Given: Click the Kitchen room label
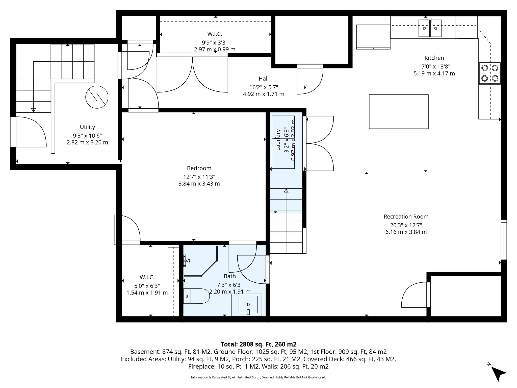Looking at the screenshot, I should pos(434,58).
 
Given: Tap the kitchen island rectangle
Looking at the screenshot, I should pos(399,112).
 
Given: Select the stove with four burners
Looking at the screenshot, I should pos(490,73).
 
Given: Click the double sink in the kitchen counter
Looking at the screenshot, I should pos(430,28).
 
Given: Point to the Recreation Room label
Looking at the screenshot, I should pos(406,216).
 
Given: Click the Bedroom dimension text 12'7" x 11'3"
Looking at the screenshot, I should pos(199,177).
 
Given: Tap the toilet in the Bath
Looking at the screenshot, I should pos(196,296).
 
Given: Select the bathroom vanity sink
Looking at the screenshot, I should pos(248,305).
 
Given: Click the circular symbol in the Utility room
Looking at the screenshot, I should pos(97,97).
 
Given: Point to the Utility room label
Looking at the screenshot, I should pos(87,127).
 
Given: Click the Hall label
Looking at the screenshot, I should pos(264,79).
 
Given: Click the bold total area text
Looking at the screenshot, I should pos(258,344).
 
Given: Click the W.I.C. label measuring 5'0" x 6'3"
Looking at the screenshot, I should pos(147,277).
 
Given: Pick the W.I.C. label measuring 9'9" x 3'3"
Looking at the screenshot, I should pos(215,34).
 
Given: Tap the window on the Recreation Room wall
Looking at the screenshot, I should pos(503,239).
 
